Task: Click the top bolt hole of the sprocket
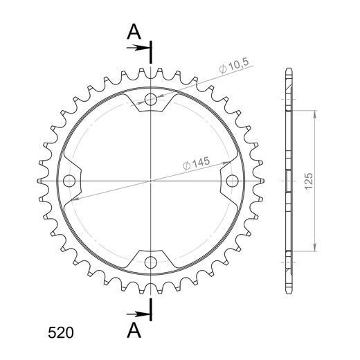coord(151,100)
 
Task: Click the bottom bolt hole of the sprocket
coord(151,262)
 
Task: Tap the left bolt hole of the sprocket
coord(69,181)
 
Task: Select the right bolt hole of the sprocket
coord(232,181)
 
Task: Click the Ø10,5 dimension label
coord(233,66)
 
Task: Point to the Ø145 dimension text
coord(196,163)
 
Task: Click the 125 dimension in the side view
coord(309,181)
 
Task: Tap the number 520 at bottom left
coord(61,333)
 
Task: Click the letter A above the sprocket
coord(134,32)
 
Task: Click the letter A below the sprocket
coord(134,330)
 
